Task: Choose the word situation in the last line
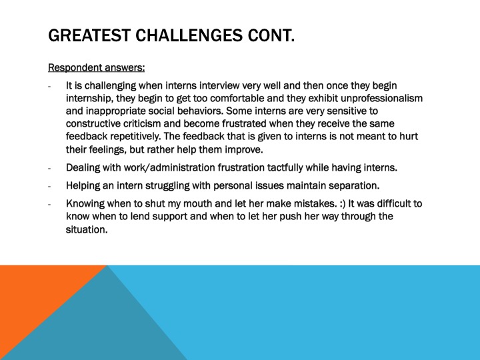[x=86, y=229]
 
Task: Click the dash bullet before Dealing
[x=50, y=167]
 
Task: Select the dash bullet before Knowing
[x=50, y=204]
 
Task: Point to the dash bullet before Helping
[x=50, y=185]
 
